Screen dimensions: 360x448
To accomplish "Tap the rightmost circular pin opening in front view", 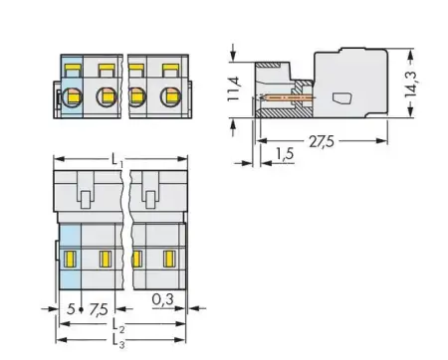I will click(166, 97).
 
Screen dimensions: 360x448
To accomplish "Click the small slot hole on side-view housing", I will click(341, 97).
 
